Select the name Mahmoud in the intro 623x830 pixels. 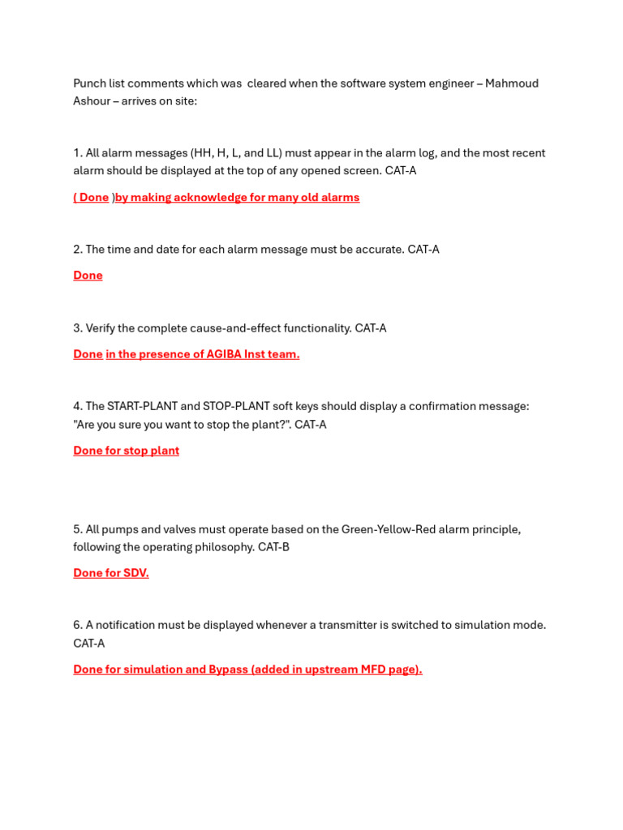pyautogui.click(x=512, y=83)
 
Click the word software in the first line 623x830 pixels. pyautogui.click(x=364, y=83)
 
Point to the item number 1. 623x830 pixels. pyautogui.click(x=77, y=153)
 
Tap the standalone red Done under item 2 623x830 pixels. pyautogui.click(x=88, y=276)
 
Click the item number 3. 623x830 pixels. pyautogui.click(x=77, y=328)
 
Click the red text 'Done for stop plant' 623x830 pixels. pyautogui.click(x=126, y=451)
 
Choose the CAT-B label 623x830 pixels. pyautogui.click(x=273, y=547)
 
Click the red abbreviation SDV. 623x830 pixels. pyautogui.click(x=135, y=573)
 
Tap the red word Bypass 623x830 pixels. pyautogui.click(x=228, y=670)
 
